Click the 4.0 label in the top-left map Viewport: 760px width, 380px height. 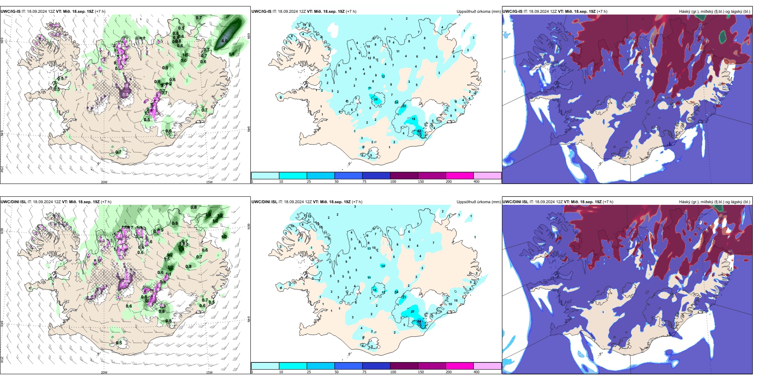(224, 41)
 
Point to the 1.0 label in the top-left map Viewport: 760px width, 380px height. (184, 61)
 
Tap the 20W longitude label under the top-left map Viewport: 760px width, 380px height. (104, 182)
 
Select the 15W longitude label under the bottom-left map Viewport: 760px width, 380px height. (209, 372)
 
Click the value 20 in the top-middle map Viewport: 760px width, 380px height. (376, 99)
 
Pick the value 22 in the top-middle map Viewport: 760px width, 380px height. (404, 106)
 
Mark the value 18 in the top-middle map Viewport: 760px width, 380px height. (413, 119)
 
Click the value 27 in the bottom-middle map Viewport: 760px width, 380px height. (412, 311)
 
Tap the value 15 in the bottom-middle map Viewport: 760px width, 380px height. (375, 290)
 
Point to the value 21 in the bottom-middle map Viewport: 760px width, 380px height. (404, 297)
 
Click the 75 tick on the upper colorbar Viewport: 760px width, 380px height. (364, 182)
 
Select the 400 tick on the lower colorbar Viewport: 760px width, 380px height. (476, 372)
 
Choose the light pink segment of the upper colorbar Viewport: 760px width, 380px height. (487, 176)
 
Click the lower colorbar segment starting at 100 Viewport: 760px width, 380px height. (404, 366)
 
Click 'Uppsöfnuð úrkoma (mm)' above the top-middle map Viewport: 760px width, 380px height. (478, 12)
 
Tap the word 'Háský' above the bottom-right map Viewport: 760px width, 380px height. (684, 202)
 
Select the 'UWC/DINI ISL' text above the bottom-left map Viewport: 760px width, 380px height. (14, 202)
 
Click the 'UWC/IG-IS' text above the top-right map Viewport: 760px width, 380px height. (512, 12)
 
